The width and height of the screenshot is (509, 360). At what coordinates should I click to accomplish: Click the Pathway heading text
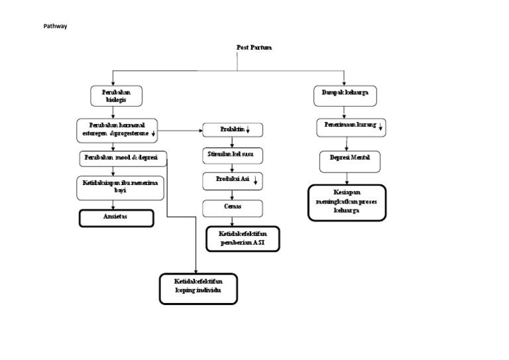point(56,27)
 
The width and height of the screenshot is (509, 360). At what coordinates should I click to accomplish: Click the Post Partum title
point(254,48)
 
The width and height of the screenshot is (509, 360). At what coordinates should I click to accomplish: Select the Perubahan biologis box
point(116,96)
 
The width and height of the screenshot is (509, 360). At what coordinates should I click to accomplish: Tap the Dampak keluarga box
point(345,96)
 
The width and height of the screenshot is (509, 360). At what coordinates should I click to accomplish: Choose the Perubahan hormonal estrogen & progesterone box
point(117,129)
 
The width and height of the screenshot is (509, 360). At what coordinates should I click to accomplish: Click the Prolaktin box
point(233,129)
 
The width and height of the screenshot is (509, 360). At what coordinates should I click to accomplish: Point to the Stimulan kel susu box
point(232,155)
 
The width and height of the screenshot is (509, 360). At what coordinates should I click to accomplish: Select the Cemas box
point(232,208)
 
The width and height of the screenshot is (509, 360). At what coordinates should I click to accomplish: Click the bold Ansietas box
point(117,217)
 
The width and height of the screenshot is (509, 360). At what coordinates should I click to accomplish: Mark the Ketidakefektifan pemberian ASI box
point(243,239)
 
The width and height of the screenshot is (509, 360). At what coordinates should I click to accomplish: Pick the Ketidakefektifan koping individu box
point(198,289)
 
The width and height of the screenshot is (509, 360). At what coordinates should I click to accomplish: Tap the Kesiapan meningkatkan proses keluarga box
point(347,202)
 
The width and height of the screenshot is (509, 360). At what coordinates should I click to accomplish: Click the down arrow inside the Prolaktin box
point(248,130)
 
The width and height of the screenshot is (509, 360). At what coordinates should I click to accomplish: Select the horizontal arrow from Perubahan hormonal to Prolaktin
point(180,130)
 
